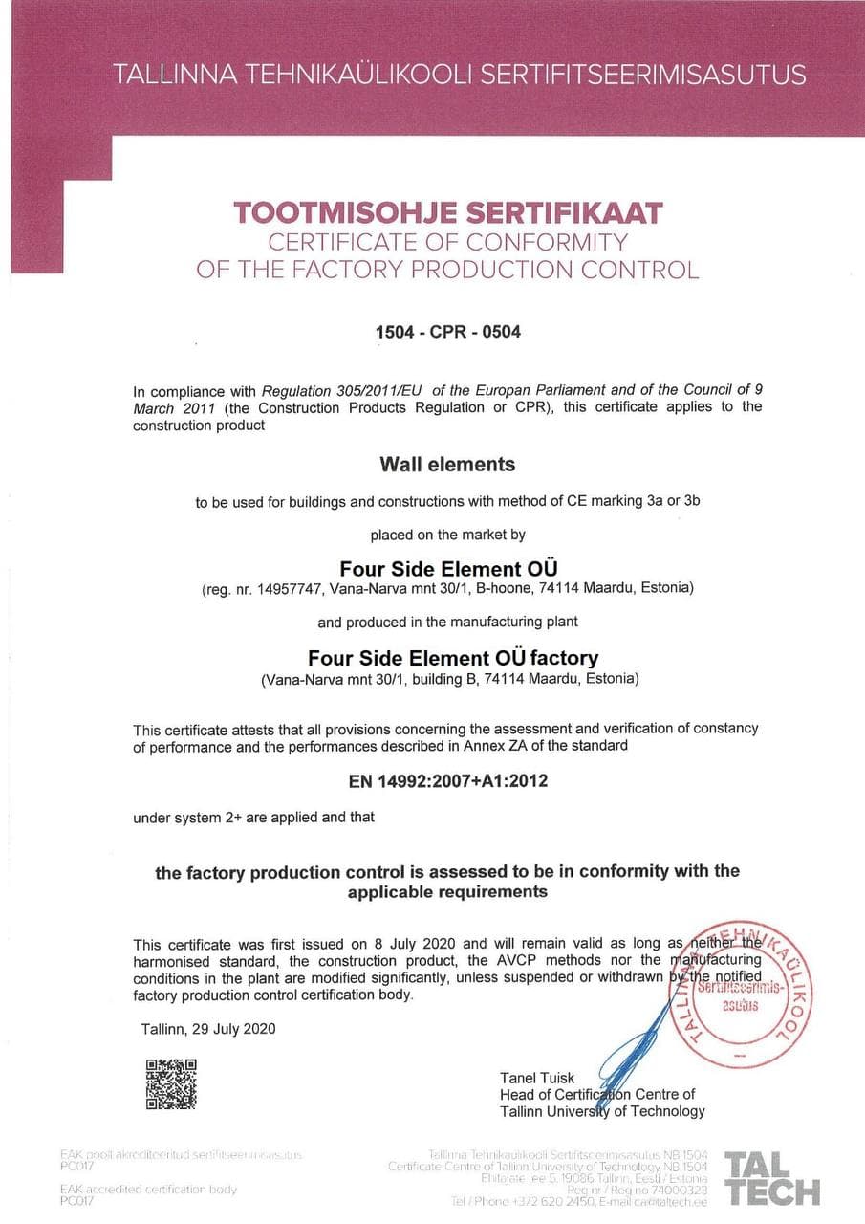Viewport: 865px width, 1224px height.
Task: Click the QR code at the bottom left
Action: pyautogui.click(x=171, y=1083)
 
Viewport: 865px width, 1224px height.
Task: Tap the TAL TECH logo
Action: pyautogui.click(x=772, y=1179)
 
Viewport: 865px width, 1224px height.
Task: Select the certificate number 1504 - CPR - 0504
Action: pyautogui.click(x=448, y=333)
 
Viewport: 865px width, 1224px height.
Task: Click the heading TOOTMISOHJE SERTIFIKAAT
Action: pyautogui.click(x=447, y=211)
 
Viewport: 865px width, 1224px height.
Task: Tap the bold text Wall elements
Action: pyautogui.click(x=447, y=465)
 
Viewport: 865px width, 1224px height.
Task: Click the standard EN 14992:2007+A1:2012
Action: pyautogui.click(x=448, y=781)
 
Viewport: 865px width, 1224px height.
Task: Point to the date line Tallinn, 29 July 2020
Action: pyautogui.click(x=207, y=1029)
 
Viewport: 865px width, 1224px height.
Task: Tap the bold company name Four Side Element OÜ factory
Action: pyautogui.click(x=453, y=658)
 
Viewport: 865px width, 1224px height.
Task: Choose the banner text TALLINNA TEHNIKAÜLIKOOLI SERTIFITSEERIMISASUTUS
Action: pyautogui.click(x=459, y=75)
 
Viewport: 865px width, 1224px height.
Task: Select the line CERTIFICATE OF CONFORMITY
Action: pyautogui.click(x=447, y=241)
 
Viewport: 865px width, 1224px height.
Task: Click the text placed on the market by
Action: pyautogui.click(x=447, y=535)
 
